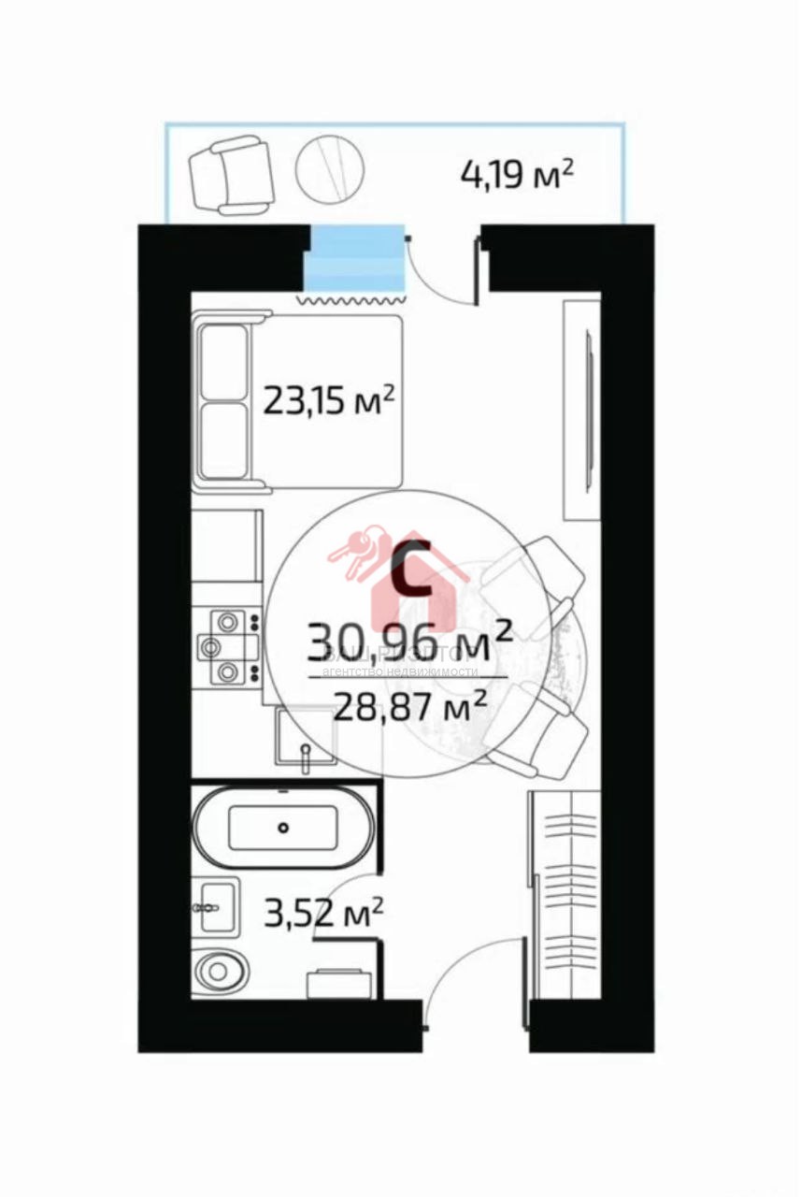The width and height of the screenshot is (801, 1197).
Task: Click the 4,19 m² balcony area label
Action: coord(516,174)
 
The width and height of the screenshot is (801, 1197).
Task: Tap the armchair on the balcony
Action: coord(230,176)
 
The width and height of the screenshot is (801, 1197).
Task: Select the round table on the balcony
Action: coord(329,167)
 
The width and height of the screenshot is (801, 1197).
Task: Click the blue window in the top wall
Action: coord(356,259)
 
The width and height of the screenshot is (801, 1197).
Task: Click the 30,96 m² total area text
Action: coord(409,641)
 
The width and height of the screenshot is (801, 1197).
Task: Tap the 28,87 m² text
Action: coord(410,702)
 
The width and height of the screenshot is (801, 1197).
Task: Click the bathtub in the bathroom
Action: coord(283,826)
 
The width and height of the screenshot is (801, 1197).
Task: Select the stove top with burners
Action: coord(227,645)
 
